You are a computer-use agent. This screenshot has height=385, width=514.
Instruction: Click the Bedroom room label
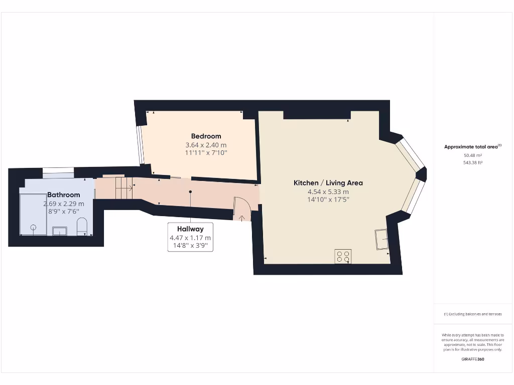pos(206,136)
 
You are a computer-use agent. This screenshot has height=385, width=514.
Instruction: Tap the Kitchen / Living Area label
pos(328,183)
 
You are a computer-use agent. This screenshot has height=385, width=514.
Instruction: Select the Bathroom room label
pos(64,195)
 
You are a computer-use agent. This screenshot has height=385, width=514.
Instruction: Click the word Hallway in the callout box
pos(190,229)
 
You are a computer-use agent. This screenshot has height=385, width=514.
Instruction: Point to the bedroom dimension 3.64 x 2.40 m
pos(206,145)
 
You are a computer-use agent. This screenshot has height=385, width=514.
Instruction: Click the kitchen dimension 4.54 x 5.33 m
pos(328,191)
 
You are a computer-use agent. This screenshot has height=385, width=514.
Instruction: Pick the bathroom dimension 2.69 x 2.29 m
pos(64,204)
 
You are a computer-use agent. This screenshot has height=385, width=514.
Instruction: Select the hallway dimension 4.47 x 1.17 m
pos(190,238)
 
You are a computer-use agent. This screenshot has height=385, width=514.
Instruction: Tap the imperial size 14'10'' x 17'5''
pos(328,200)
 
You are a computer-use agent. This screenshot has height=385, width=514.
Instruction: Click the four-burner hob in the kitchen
pos(343,256)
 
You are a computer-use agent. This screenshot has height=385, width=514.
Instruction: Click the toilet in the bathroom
pos(83,227)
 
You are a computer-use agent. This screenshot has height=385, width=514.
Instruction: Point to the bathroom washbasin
pos(61,231)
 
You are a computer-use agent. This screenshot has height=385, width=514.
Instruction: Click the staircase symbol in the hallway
pos(123,188)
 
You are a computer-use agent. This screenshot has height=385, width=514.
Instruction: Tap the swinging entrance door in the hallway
pos(241,209)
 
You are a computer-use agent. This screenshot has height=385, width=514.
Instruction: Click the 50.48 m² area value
pos(472,155)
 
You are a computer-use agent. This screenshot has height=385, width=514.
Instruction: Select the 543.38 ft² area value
pos(472,162)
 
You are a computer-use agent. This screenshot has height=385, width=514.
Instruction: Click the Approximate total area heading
pos(472,147)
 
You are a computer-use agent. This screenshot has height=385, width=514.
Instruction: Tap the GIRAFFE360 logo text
pos(472,359)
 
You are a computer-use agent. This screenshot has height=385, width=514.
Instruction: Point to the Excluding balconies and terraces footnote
pos(472,314)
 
